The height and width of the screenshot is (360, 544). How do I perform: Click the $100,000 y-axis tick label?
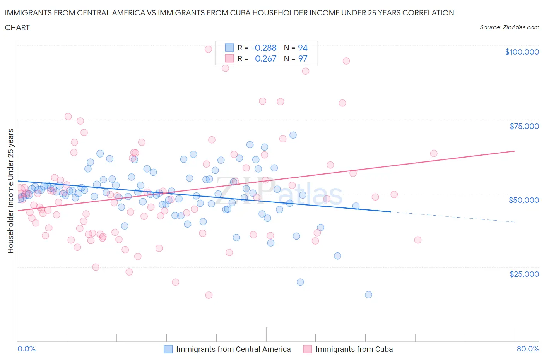pyautogui.click(x=522, y=52)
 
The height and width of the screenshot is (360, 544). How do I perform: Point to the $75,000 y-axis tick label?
pyautogui.click(x=524, y=126)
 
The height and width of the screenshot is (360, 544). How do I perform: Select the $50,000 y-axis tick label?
pyautogui.click(x=523, y=200)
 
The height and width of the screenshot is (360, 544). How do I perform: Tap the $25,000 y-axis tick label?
pyautogui.click(x=524, y=274)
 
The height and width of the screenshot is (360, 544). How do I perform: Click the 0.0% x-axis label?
pyautogui.click(x=26, y=349)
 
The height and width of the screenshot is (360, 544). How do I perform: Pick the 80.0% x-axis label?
pyautogui.click(x=528, y=349)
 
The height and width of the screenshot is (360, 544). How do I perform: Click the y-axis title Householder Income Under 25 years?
pyautogui.click(x=10, y=191)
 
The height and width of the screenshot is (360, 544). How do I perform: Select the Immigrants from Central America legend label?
pyautogui.click(x=233, y=349)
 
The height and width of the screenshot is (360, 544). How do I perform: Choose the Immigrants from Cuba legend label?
pyautogui.click(x=354, y=349)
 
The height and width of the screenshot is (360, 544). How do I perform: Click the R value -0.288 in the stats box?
pyautogui.click(x=263, y=48)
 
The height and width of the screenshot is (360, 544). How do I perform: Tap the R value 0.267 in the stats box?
pyautogui.click(x=265, y=58)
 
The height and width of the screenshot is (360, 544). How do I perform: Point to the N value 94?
pyautogui.click(x=303, y=48)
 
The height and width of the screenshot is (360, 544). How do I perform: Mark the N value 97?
pyautogui.click(x=303, y=58)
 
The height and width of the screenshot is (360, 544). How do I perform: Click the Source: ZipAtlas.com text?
pyautogui.click(x=509, y=27)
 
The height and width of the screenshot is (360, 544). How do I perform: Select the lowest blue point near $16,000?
pyautogui.click(x=368, y=295)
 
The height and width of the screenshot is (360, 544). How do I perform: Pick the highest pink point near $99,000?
pyautogui.click(x=208, y=49)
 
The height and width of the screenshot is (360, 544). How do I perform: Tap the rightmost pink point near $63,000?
pyautogui.click(x=433, y=153)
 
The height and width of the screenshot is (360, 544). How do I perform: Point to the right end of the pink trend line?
pyautogui.click(x=515, y=151)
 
